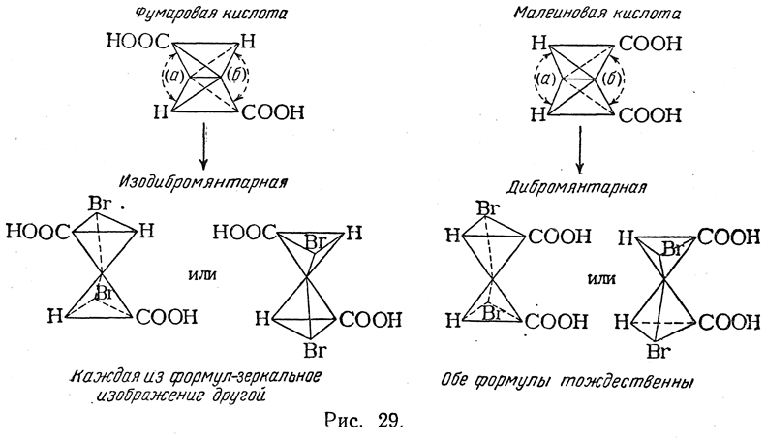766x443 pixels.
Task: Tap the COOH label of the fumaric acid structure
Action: coord(272,113)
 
